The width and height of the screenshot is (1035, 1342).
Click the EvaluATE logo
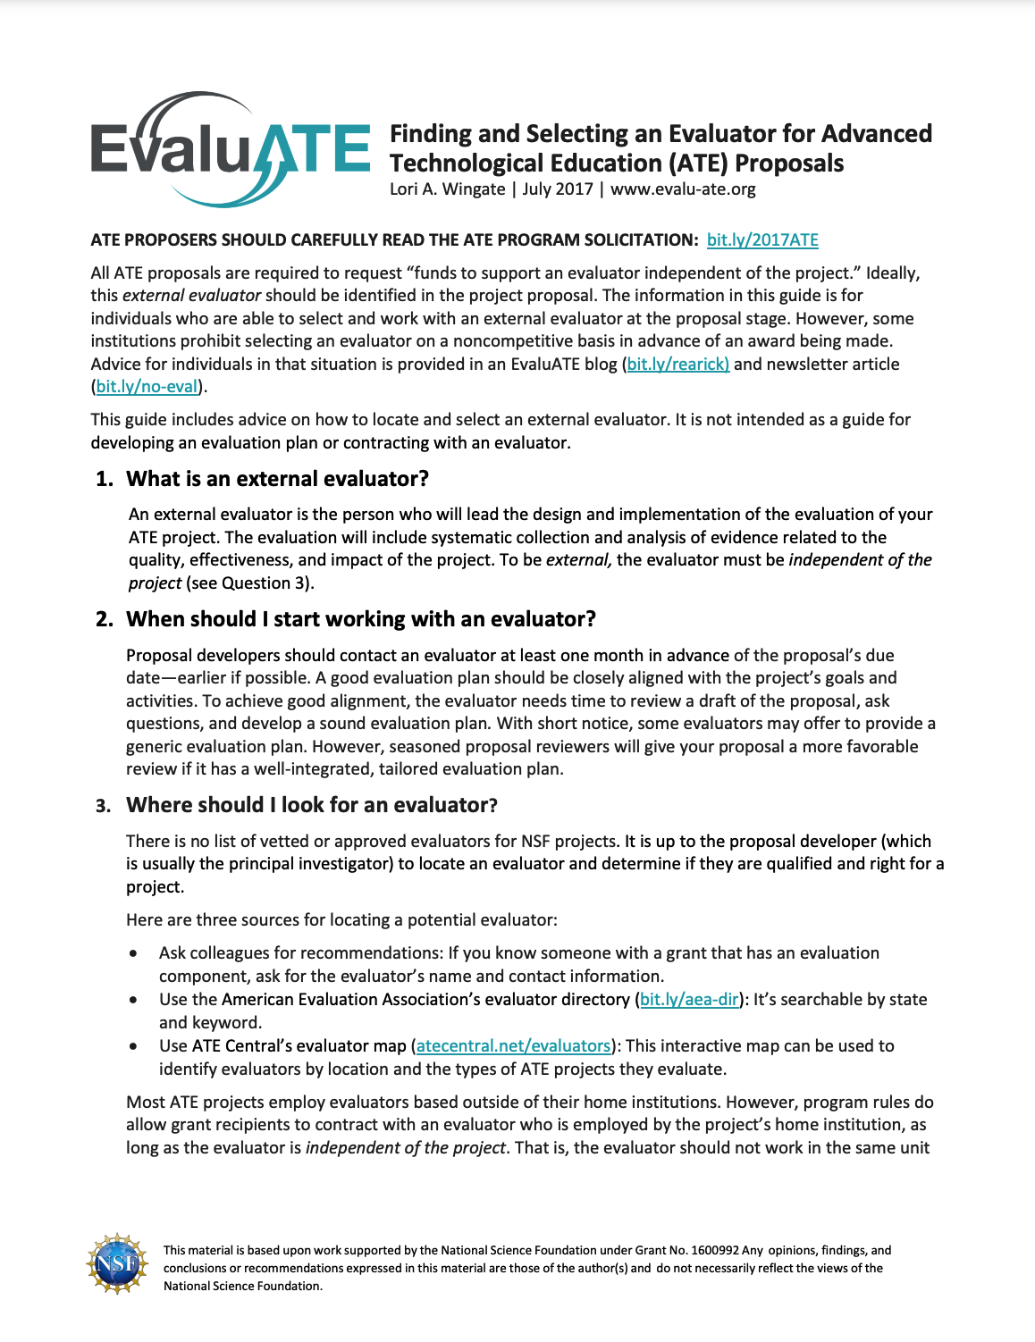click(x=230, y=148)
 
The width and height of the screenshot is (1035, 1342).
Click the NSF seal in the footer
click(x=116, y=1265)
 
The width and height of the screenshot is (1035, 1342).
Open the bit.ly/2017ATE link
click(x=762, y=239)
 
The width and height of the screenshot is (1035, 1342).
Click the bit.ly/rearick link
click(x=677, y=364)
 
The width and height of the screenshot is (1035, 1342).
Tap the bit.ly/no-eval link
click(x=147, y=386)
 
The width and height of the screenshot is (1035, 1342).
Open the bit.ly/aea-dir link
click(x=689, y=999)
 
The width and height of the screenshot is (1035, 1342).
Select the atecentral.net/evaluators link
click(x=513, y=1045)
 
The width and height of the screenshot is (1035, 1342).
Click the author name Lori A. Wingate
click(x=447, y=189)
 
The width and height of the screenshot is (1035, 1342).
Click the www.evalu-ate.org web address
click(x=683, y=189)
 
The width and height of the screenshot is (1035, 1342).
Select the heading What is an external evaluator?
click(x=277, y=479)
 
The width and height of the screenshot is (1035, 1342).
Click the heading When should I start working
click(x=361, y=619)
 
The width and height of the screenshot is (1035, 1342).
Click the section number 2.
click(x=104, y=619)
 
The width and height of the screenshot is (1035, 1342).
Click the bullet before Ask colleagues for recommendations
click(x=133, y=953)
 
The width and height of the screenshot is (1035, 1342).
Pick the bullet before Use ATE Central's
click(x=133, y=1046)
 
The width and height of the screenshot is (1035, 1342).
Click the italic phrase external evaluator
click(x=191, y=295)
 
